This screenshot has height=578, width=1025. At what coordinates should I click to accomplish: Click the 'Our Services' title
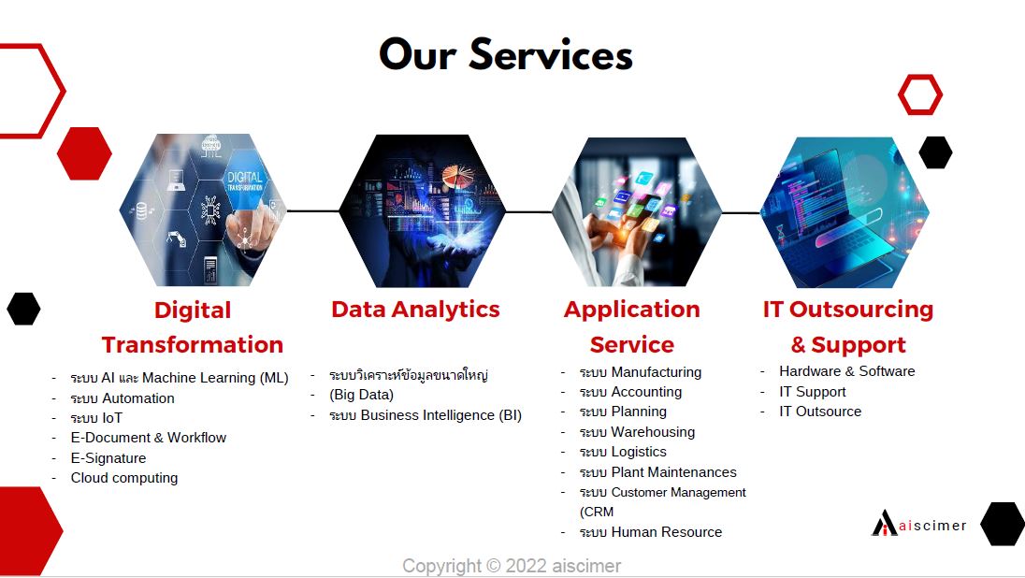point(506,54)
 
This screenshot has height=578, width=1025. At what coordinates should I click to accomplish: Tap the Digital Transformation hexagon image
point(203,210)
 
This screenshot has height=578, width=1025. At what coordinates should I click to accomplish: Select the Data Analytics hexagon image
point(423,210)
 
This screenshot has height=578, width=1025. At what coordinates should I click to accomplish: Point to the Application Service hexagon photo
point(637,212)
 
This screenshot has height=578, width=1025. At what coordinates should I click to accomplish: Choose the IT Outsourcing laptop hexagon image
point(845,212)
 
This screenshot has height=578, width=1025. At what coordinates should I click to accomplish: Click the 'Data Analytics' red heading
point(415,310)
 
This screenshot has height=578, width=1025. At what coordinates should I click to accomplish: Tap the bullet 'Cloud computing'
point(124,478)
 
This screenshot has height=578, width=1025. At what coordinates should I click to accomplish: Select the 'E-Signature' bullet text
point(108,457)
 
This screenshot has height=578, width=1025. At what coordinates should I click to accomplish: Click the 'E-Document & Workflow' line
point(149,438)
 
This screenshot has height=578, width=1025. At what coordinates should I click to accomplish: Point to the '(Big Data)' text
point(362,395)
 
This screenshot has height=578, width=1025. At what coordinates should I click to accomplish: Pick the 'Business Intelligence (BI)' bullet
point(426,415)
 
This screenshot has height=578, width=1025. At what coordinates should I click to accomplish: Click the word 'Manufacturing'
point(657,372)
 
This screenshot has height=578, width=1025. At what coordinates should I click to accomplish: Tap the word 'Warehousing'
point(653,432)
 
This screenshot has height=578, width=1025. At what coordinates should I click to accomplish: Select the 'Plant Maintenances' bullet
point(657,472)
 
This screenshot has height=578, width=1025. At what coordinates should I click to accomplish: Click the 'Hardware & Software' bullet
point(846,371)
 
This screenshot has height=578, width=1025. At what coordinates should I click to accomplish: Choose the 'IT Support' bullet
point(812,392)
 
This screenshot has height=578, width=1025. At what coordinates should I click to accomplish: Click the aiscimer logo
point(918,523)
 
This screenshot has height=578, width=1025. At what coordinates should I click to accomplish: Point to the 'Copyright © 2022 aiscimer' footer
point(512,566)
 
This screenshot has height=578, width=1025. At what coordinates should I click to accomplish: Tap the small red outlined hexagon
point(919,94)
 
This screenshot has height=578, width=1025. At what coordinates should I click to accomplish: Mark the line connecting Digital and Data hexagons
point(312,211)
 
